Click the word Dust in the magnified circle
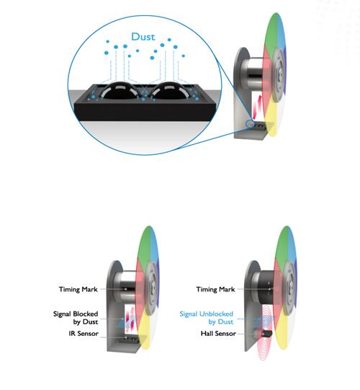143,37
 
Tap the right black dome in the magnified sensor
169,91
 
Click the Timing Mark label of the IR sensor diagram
78,289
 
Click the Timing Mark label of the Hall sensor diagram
215,289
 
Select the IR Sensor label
84,334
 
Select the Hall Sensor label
218,334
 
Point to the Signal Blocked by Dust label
76,318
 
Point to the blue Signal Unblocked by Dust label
207,318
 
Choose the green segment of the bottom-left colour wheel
144,247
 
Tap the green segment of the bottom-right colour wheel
282,247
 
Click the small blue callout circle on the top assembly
249,124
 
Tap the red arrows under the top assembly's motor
258,107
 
